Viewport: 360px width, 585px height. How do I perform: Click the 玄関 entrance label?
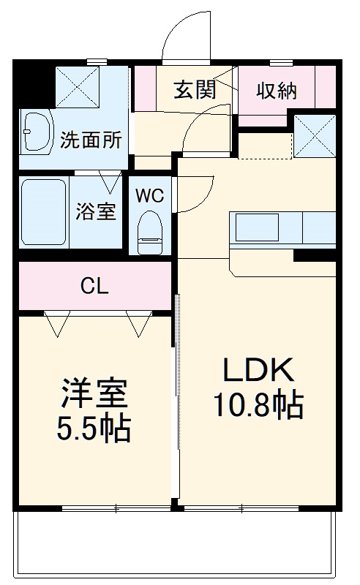[x=194, y=91]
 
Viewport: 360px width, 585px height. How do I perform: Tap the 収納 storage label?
[x=275, y=91]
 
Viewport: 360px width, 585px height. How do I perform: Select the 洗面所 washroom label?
[x=91, y=140]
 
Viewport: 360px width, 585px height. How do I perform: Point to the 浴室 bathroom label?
[x=96, y=212]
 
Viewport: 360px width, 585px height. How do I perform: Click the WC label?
[x=149, y=195]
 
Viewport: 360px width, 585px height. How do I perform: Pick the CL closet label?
[x=94, y=285]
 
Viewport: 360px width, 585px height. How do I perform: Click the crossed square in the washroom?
[x=77, y=86]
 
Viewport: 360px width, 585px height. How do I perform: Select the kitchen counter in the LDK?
[x=282, y=229]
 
